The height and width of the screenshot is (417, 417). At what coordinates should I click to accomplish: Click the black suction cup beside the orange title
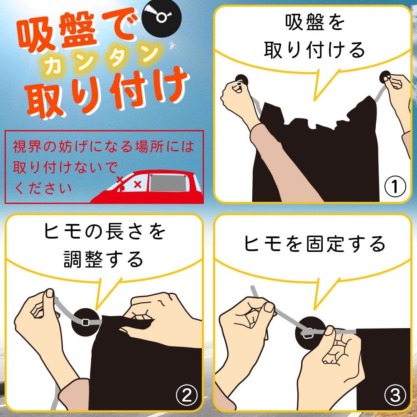pyautogui.click(x=161, y=18)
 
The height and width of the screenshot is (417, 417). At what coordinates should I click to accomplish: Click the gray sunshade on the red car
pyautogui.click(x=168, y=183)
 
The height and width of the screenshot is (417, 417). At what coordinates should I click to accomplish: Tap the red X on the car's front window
pyautogui.click(x=138, y=184)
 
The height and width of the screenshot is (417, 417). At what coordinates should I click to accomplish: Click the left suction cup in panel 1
pyautogui.click(x=241, y=82)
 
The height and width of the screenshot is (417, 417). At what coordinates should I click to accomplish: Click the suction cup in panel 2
pyautogui.click(x=86, y=322)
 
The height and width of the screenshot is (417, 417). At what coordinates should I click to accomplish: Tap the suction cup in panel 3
pyautogui.click(x=310, y=333)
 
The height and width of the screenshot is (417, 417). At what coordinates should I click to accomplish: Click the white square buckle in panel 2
pyautogui.click(x=85, y=322)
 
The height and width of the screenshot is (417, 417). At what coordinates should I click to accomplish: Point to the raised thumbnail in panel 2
pyautogui.click(x=50, y=293)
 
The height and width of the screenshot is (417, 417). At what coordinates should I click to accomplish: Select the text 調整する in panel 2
pyautogui.click(x=103, y=259)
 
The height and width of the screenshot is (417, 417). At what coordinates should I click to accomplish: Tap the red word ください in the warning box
pyautogui.click(x=43, y=188)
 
